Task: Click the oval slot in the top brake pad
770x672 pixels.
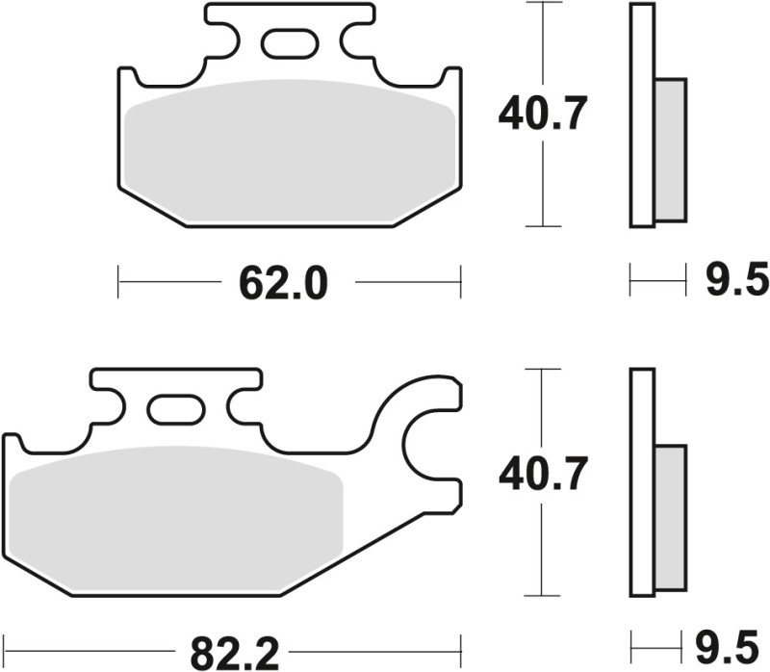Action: pyautogui.click(x=289, y=43)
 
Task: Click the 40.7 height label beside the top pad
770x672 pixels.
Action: pyautogui.click(x=542, y=116)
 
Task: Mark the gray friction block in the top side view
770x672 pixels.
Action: pyautogui.click(x=671, y=149)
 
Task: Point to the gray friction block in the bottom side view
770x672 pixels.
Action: pyautogui.click(x=671, y=517)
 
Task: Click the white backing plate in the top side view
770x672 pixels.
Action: pyautogui.click(x=642, y=116)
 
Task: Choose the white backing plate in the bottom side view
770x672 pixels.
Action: pyautogui.click(x=642, y=481)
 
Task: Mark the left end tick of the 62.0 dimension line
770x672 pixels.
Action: pyautogui.click(x=117, y=282)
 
